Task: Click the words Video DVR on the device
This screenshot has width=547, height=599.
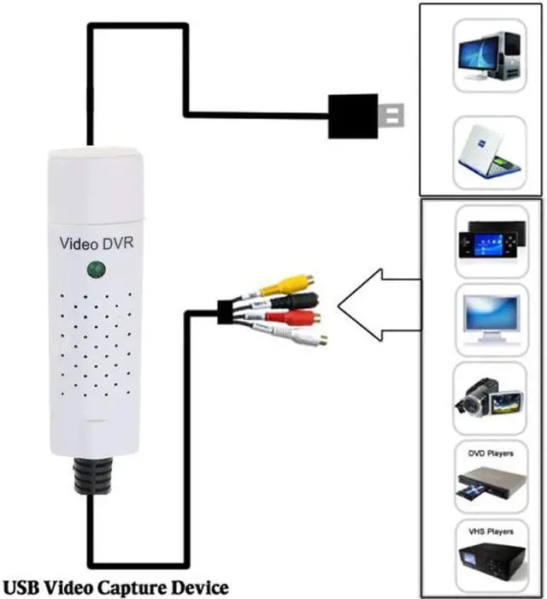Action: coord(96,242)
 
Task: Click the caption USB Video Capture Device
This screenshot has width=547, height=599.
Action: coord(116,587)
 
